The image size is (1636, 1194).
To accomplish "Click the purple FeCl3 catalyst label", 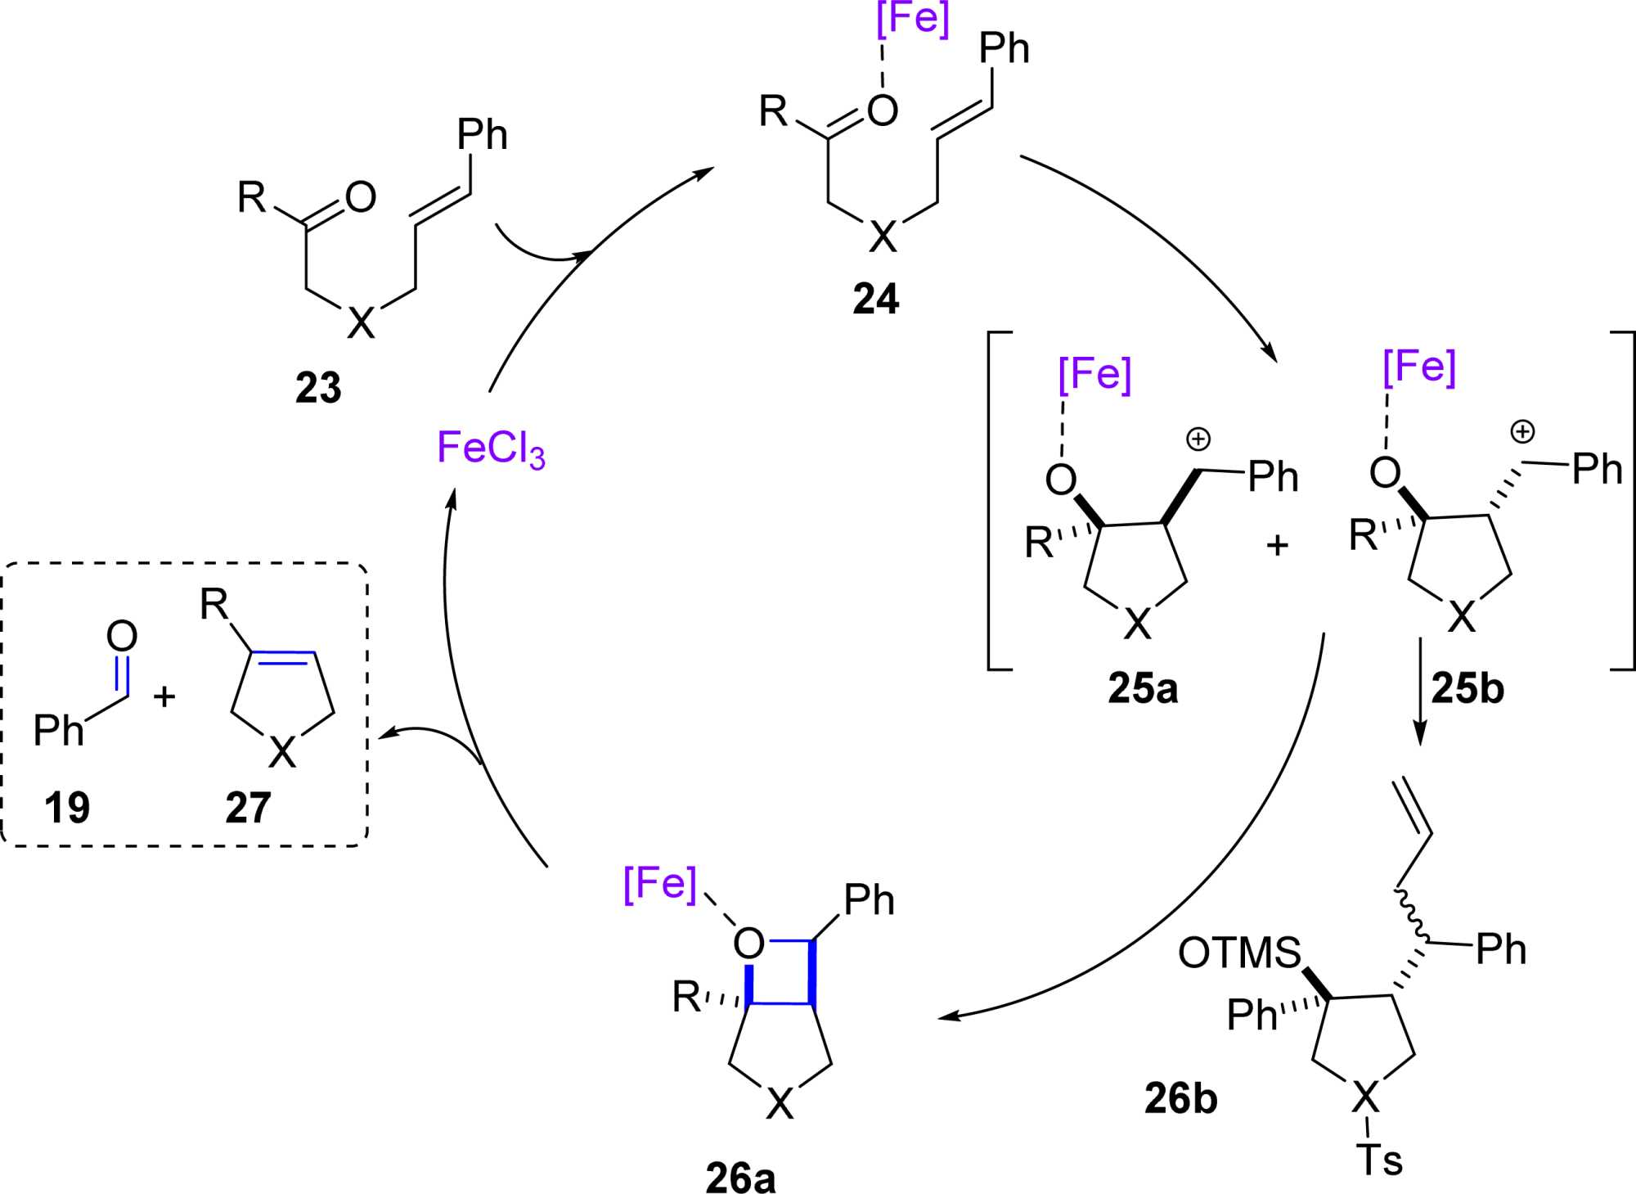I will coord(491,449).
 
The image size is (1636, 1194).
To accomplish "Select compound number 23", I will coord(318,388).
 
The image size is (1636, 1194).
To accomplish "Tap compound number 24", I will coord(875,300).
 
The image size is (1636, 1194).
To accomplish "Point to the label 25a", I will coord(1143,688).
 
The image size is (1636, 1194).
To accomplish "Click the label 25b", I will coord(1467,689).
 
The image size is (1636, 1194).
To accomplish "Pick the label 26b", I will coord(1180,1098).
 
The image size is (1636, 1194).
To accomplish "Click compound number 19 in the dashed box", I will coord(67,808).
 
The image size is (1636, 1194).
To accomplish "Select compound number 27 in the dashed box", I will coord(248,808).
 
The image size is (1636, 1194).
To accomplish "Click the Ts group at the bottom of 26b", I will coord(1379,1160).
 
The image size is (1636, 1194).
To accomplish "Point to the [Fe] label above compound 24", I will coord(913,20).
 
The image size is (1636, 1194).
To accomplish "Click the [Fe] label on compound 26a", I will coord(660,884).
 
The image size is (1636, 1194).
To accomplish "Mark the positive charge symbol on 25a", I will coord(1198,439).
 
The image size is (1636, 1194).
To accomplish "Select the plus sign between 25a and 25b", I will coord(1277,545).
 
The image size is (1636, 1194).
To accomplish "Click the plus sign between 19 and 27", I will coord(165,696).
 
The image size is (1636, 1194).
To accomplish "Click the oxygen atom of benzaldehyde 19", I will coord(122,637).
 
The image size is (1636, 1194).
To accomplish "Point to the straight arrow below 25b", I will coord(1420,692).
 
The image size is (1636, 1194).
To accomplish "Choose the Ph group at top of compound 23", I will coord(482,134).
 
